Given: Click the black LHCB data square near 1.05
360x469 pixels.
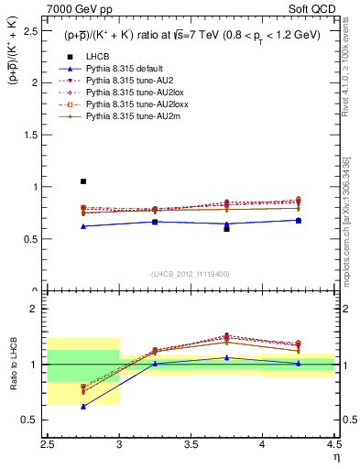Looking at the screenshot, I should [83, 181].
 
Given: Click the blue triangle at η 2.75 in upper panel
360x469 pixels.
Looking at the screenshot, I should [83, 226].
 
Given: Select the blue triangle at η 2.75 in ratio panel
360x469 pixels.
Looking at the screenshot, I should [83, 406].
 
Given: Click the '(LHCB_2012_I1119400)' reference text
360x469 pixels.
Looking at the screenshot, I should [191, 275].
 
